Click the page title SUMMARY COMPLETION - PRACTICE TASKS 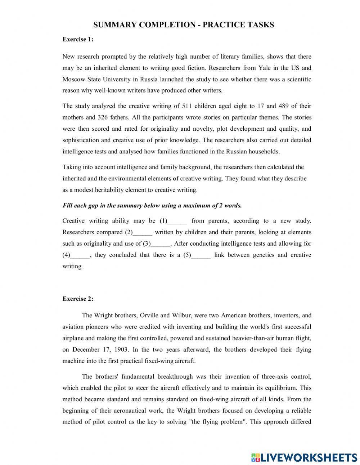click(x=184, y=25)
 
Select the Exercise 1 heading click(x=78, y=40)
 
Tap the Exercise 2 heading click(x=78, y=299)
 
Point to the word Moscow click(x=73, y=79)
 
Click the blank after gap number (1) click(x=177, y=221)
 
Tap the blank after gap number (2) click(x=143, y=233)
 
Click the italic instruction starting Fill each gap click(x=152, y=206)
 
